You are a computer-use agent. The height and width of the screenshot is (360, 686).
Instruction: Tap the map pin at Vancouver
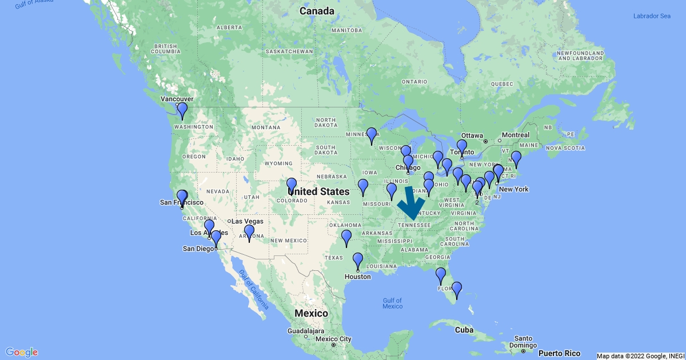tap(182, 110)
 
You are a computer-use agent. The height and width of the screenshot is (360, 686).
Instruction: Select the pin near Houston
tap(357, 261)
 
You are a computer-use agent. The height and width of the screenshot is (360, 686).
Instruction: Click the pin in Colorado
tap(292, 186)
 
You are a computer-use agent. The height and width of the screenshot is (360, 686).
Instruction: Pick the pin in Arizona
tap(249, 233)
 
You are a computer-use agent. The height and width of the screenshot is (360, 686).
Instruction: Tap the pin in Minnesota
tap(372, 135)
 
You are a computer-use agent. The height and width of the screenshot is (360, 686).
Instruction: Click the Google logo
tap(22, 352)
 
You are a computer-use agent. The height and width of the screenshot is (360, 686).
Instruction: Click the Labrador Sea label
tap(651, 15)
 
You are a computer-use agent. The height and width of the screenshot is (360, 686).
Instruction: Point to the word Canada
tap(317, 11)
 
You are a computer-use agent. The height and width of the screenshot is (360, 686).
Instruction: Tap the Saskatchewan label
tap(289, 51)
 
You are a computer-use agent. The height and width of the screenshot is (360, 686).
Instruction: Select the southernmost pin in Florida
tap(456, 290)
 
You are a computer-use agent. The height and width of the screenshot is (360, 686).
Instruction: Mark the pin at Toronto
tap(462, 147)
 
